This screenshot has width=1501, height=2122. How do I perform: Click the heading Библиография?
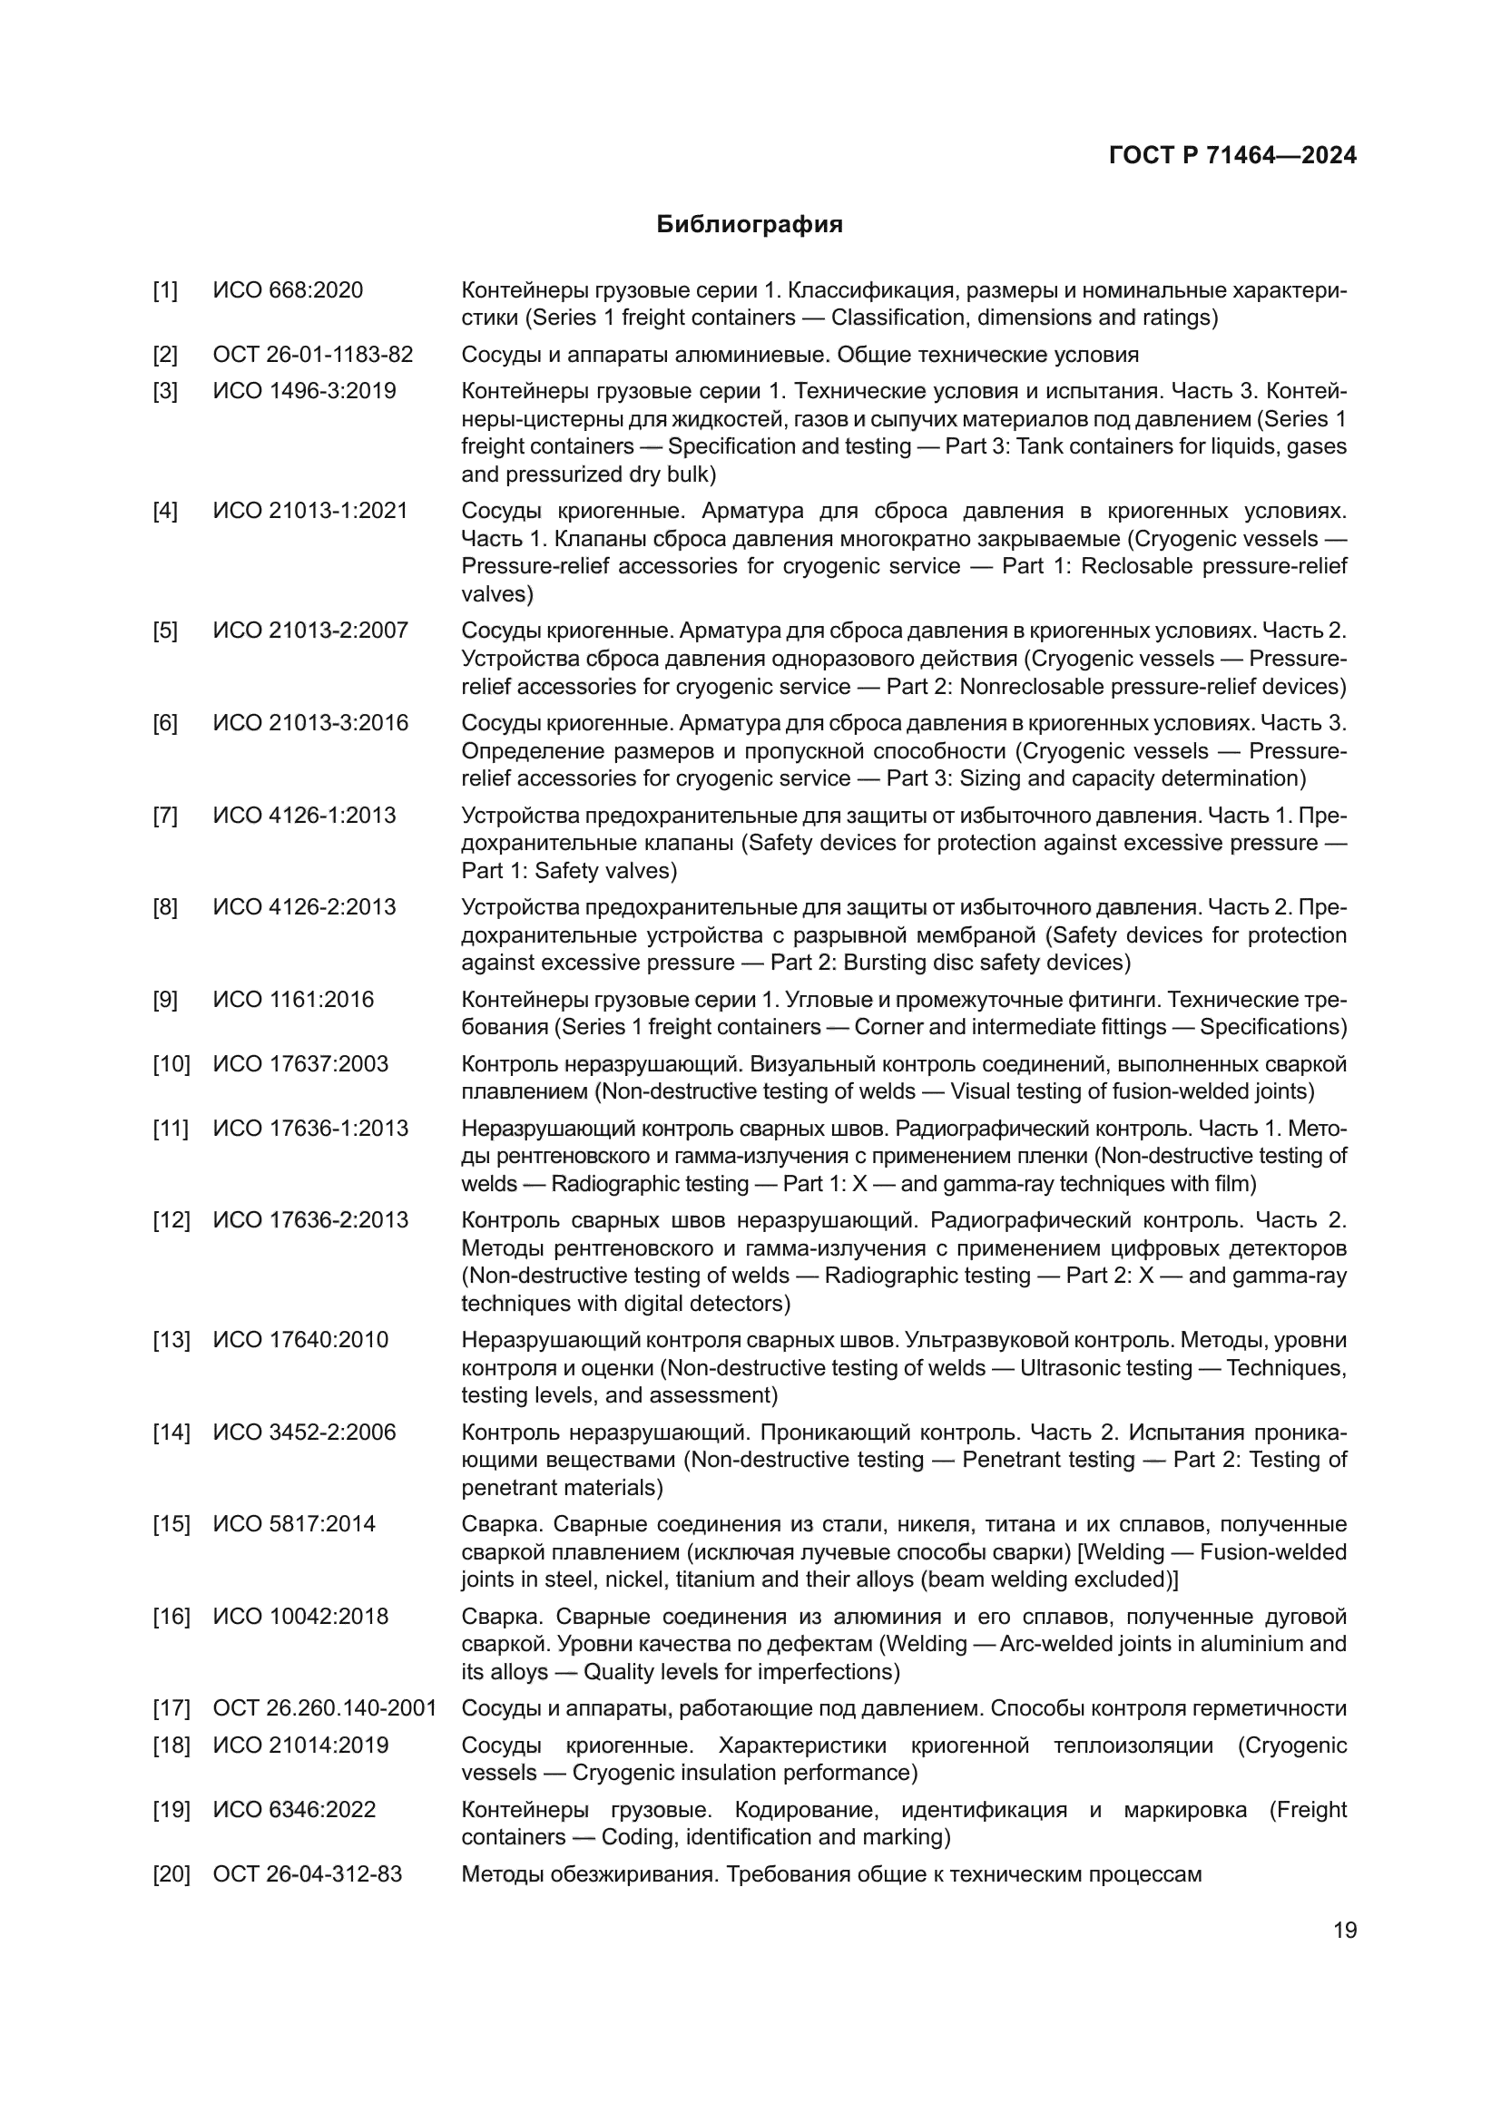pyautogui.click(x=750, y=225)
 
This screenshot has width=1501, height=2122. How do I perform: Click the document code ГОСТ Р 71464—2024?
pyautogui.click(x=1232, y=155)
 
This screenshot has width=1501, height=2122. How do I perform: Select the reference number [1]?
pyautogui.click(x=165, y=290)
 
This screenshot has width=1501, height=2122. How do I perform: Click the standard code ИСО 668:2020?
pyautogui.click(x=288, y=290)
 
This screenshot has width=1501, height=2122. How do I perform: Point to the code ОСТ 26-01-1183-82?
pyautogui.click(x=312, y=355)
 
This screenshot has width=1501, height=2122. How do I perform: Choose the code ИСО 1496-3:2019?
pyautogui.click(x=304, y=391)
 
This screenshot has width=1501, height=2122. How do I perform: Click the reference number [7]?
pyautogui.click(x=165, y=816)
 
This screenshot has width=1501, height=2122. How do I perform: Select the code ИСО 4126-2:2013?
pyautogui.click(x=304, y=906)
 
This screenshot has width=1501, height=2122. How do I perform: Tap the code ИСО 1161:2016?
pyautogui.click(x=293, y=999)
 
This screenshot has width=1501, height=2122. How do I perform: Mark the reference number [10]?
pyautogui.click(x=171, y=1064)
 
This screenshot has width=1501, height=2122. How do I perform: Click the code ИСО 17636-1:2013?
pyautogui.click(x=310, y=1129)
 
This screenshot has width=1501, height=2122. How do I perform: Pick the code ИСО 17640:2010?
pyautogui.click(x=300, y=1340)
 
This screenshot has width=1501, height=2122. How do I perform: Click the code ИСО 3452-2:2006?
pyautogui.click(x=304, y=1433)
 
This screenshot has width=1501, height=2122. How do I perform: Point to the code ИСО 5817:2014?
pyautogui.click(x=294, y=1524)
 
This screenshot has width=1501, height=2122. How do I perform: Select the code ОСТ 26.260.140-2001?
pyautogui.click(x=324, y=1708)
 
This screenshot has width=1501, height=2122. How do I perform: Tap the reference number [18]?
pyautogui.click(x=171, y=1745)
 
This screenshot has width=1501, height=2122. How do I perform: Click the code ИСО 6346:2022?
pyautogui.click(x=294, y=1810)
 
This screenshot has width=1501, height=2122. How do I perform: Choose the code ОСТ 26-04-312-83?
pyautogui.click(x=307, y=1874)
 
